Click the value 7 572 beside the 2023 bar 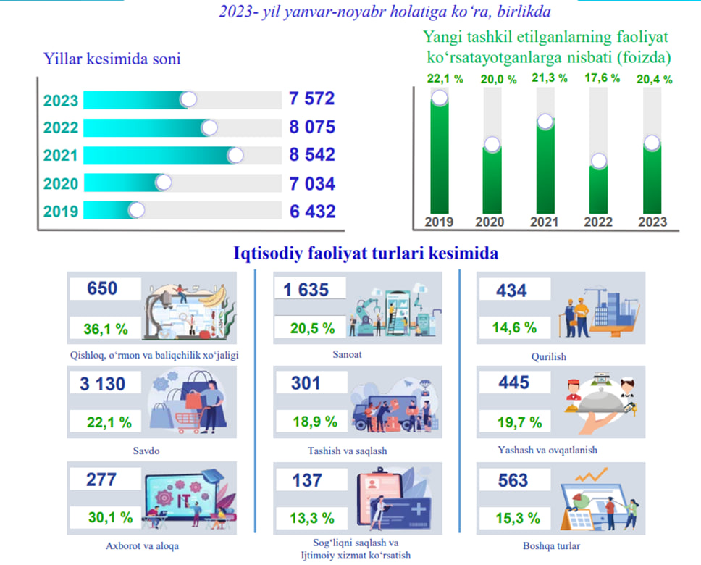[311, 99]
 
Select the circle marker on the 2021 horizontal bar [235, 155]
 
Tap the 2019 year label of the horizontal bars [61, 212]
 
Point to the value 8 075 [311, 127]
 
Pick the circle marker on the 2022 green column [598, 162]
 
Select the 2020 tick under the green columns [490, 222]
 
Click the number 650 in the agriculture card [101, 289]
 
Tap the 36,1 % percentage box [106, 329]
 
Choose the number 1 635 [306, 290]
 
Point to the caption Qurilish [548, 356]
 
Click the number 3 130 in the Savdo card [103, 383]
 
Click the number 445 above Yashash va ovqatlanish [514, 382]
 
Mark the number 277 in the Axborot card [101, 480]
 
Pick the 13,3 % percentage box [313, 518]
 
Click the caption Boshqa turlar [549, 545]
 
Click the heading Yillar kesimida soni [112, 59]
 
